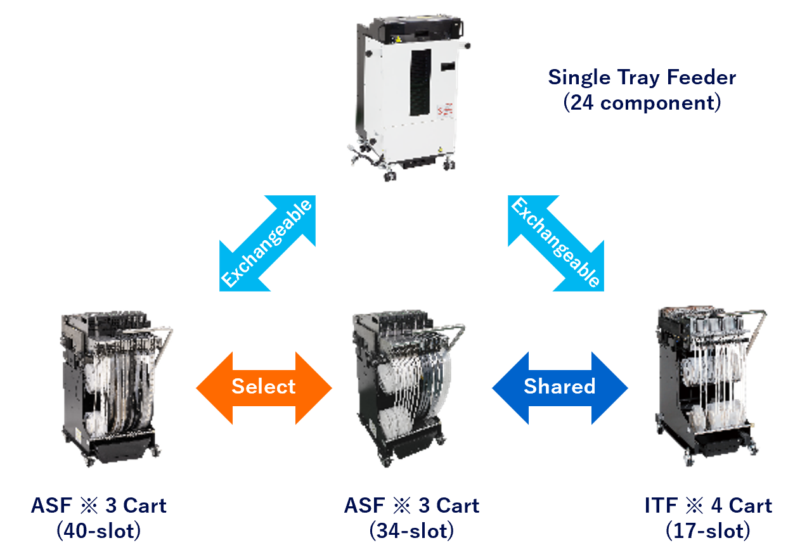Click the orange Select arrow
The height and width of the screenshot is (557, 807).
click(x=264, y=387)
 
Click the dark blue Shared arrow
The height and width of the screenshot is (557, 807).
click(x=560, y=387)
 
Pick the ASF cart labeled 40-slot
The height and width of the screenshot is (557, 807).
click(x=114, y=387)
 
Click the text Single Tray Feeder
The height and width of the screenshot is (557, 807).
click(x=642, y=78)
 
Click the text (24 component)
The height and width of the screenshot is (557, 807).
click(x=642, y=102)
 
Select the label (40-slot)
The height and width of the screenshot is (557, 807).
click(x=98, y=531)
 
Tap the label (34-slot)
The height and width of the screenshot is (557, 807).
click(x=411, y=531)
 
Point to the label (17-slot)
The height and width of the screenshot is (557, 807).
click(x=708, y=531)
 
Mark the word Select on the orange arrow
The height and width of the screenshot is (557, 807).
click(x=264, y=387)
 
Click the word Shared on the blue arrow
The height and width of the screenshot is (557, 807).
click(x=560, y=387)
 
